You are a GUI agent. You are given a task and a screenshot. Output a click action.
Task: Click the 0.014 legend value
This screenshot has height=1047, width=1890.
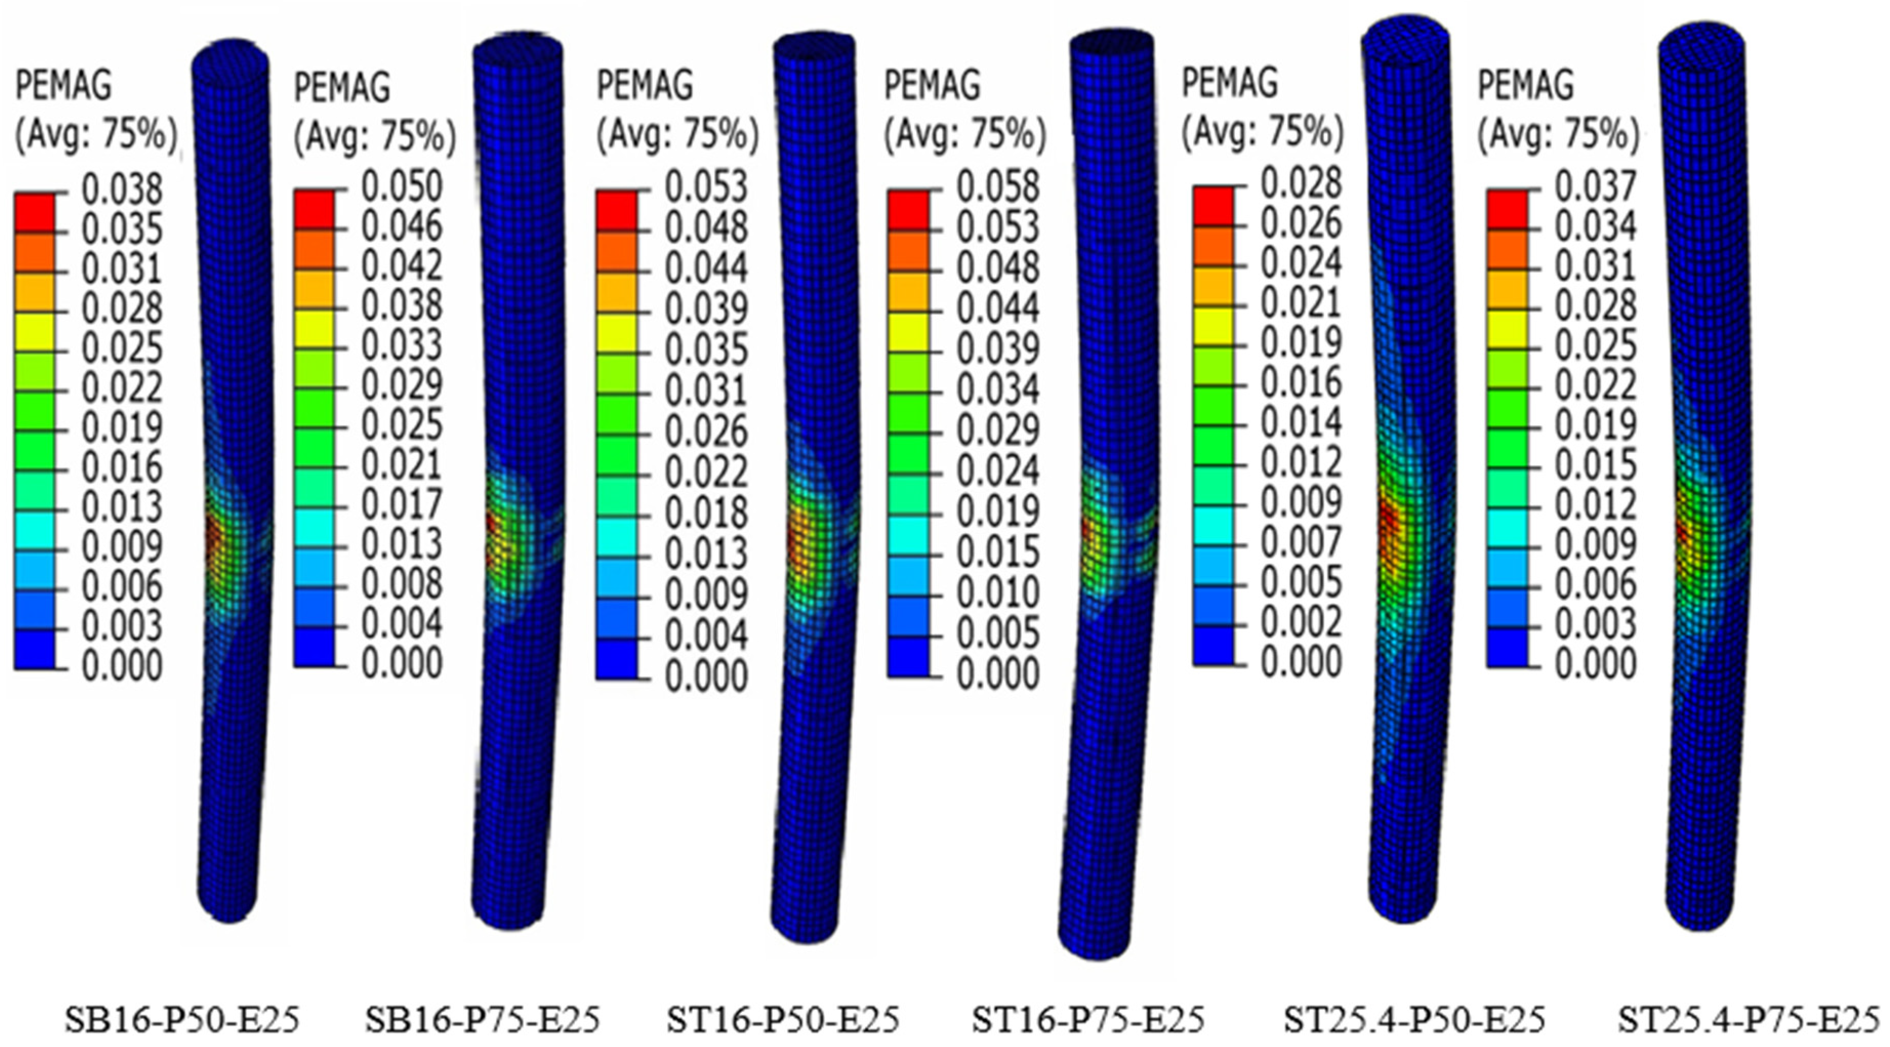[x=1301, y=422]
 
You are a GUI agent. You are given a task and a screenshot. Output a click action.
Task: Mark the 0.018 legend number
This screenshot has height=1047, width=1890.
[x=706, y=512]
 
